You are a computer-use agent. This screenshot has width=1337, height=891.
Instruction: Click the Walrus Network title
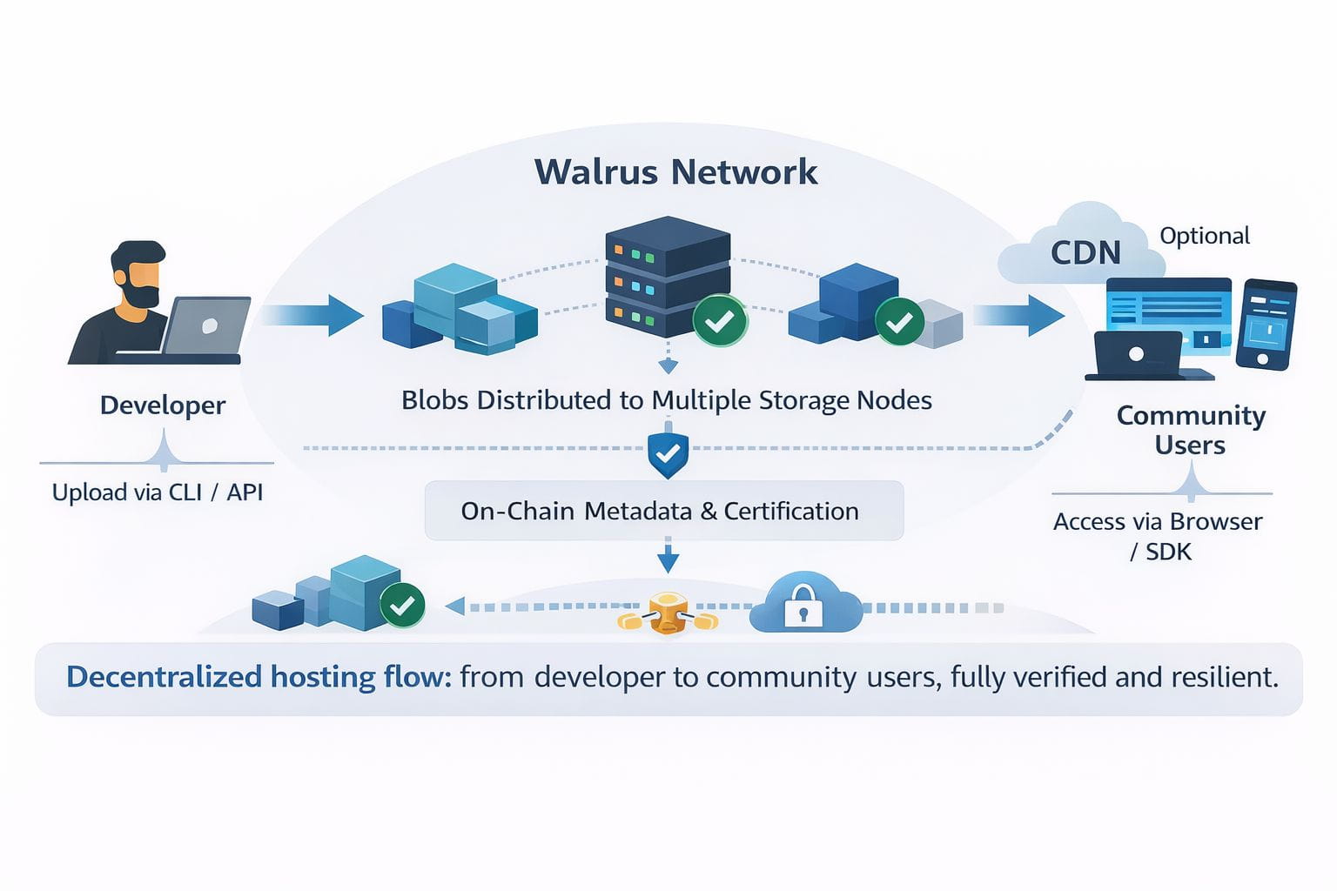click(675, 171)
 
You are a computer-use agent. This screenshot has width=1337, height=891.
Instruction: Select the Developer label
click(163, 405)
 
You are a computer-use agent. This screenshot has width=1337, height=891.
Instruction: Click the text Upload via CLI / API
click(158, 492)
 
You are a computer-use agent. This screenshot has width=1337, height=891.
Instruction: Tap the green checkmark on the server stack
click(719, 321)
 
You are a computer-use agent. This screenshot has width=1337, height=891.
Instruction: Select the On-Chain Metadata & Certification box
click(663, 511)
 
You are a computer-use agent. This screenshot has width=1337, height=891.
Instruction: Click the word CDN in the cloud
click(1085, 252)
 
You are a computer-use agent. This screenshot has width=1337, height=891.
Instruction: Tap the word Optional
click(1205, 236)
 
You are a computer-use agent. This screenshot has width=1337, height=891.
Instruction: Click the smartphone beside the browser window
click(1266, 324)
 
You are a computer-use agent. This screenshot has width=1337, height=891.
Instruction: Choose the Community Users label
click(1191, 430)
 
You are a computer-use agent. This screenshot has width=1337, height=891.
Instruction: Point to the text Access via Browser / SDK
click(1159, 536)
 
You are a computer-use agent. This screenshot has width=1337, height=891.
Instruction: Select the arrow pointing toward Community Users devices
click(1018, 314)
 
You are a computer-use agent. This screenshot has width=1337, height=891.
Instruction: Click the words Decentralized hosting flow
click(259, 677)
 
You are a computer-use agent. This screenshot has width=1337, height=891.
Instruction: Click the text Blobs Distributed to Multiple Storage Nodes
click(667, 400)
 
